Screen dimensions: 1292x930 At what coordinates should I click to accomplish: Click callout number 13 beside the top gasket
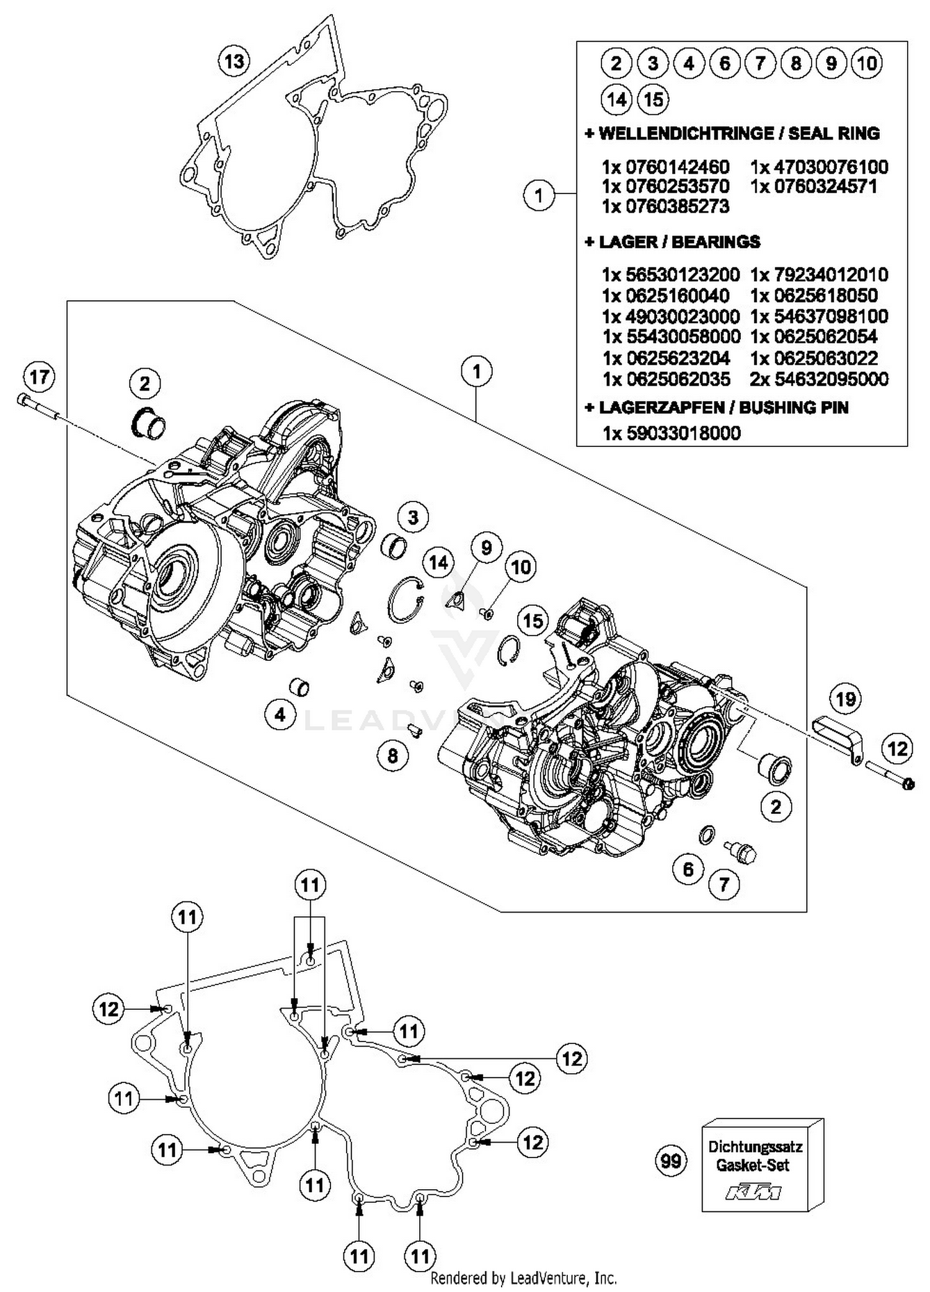(234, 61)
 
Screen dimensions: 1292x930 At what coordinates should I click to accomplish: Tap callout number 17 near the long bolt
(40, 376)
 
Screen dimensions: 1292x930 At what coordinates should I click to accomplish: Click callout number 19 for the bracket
(846, 699)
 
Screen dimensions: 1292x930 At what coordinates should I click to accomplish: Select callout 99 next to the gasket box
(671, 1161)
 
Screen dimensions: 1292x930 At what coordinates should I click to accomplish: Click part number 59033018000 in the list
(683, 433)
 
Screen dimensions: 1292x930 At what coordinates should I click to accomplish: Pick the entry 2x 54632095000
(819, 379)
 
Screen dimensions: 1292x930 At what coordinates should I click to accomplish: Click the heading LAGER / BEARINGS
(672, 241)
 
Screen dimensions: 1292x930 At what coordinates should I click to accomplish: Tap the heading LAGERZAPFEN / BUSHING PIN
(716, 407)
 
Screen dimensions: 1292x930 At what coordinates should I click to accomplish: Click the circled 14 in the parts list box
(616, 99)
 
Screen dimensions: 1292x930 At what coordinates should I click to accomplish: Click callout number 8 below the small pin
(392, 756)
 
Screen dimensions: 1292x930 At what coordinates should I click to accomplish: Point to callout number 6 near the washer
(688, 869)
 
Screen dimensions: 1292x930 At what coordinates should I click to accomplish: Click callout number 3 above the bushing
(413, 517)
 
